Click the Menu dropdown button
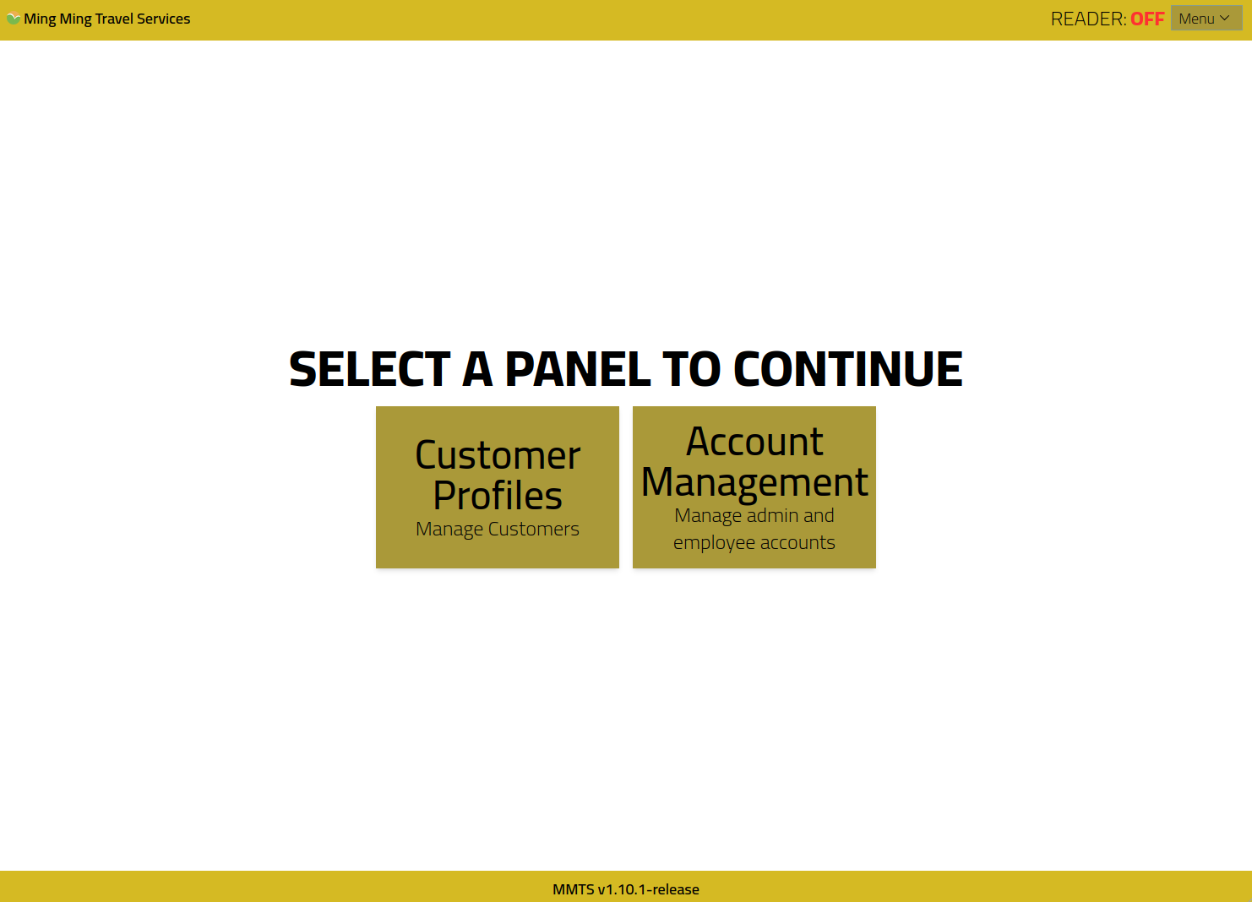click(x=1206, y=19)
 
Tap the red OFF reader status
click(x=1147, y=19)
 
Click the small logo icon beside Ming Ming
click(x=14, y=19)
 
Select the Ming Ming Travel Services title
click(x=106, y=19)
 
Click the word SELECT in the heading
click(x=369, y=369)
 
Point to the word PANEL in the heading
click(x=578, y=369)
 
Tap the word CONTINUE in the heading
click(x=848, y=369)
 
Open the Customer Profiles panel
click(x=498, y=487)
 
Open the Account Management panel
click(x=754, y=487)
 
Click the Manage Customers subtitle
click(x=498, y=530)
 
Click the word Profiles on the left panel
click(x=498, y=496)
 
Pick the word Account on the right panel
click(x=754, y=442)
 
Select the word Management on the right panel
click(x=754, y=482)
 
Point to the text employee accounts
click(x=754, y=543)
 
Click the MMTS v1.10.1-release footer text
click(x=626, y=889)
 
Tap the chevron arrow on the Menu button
click(x=1224, y=19)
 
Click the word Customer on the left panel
click(x=498, y=455)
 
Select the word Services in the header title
click(x=164, y=19)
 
